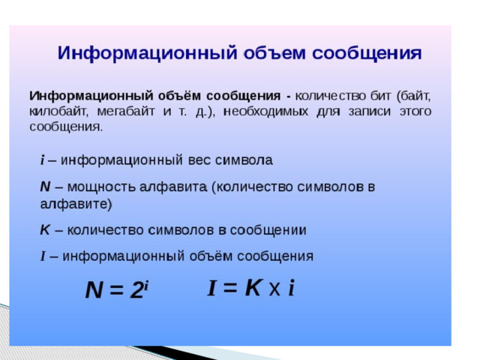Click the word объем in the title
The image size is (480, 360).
tap(275, 53)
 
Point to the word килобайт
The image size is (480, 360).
tap(58, 111)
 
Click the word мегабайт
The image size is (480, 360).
tap(125, 111)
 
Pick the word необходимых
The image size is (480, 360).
tap(265, 111)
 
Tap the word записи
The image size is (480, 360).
tap(370, 111)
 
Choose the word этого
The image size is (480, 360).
tap(415, 111)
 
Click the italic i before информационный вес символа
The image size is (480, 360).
tap(43, 160)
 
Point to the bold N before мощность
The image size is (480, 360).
tap(45, 187)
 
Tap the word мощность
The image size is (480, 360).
tap(101, 187)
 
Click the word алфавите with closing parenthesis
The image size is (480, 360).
tap(76, 204)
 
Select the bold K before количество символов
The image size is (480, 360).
tap(45, 230)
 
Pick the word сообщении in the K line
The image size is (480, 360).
tap(268, 230)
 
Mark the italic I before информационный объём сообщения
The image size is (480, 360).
tap(43, 256)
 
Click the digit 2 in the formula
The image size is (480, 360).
tap(136, 290)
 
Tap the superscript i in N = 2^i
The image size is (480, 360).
tap(146, 286)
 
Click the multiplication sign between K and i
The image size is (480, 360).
tap(274, 289)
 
